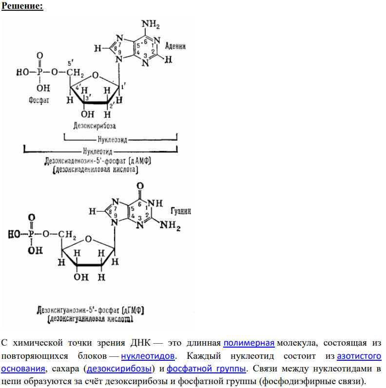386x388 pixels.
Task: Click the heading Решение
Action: tap(22, 6)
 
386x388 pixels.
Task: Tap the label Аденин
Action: tap(175, 46)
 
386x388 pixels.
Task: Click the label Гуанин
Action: tap(181, 211)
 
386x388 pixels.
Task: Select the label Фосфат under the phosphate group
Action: tap(39, 100)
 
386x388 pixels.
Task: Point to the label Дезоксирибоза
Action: tap(95, 126)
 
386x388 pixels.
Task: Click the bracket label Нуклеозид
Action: tap(112, 140)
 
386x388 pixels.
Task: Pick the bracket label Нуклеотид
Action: tap(97, 151)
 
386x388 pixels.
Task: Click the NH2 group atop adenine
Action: tap(151, 24)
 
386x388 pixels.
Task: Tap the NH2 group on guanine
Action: tap(170, 226)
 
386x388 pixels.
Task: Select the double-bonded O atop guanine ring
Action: tap(140, 186)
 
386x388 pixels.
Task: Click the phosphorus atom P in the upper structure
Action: tap(39, 72)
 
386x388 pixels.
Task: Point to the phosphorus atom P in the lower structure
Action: tap(31, 234)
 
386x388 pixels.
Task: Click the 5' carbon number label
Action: tap(70, 63)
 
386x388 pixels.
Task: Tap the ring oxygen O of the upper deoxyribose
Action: tap(96, 75)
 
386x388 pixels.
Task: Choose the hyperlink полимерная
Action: tap(249, 343)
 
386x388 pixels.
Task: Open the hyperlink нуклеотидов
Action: tap(148, 356)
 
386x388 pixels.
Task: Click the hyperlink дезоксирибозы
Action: tap(119, 369)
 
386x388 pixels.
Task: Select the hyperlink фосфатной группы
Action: tap(206, 369)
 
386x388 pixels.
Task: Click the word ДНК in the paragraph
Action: tap(140, 343)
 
